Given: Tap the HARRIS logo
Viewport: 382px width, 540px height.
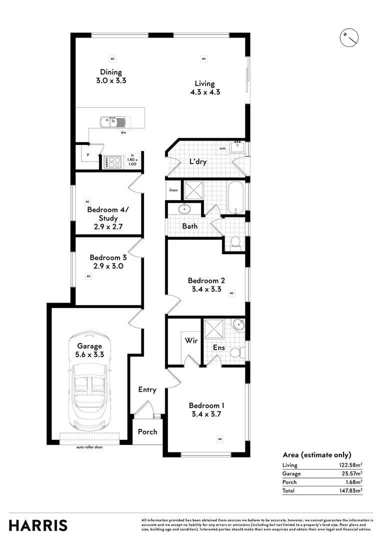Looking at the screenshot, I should point(38,525).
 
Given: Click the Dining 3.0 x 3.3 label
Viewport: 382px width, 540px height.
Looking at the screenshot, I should point(110,76).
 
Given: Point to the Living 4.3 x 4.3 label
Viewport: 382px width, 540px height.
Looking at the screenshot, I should point(204,87).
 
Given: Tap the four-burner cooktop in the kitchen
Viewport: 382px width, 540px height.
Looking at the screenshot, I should point(112,161).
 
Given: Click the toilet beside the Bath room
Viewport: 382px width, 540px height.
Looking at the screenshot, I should point(235,243).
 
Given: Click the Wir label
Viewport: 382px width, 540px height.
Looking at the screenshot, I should point(191,340).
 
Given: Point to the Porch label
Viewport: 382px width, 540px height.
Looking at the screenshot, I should point(147,431).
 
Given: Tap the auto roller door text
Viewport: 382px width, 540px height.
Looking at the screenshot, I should point(89,447).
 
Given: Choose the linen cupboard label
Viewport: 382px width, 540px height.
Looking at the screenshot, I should point(173,190).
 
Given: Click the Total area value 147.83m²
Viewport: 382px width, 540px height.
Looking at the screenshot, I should point(350,490).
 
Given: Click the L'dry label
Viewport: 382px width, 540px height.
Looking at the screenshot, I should point(198,162).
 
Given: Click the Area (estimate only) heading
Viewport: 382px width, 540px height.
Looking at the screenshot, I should point(316,454).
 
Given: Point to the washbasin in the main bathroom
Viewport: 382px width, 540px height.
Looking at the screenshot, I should point(183,208).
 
